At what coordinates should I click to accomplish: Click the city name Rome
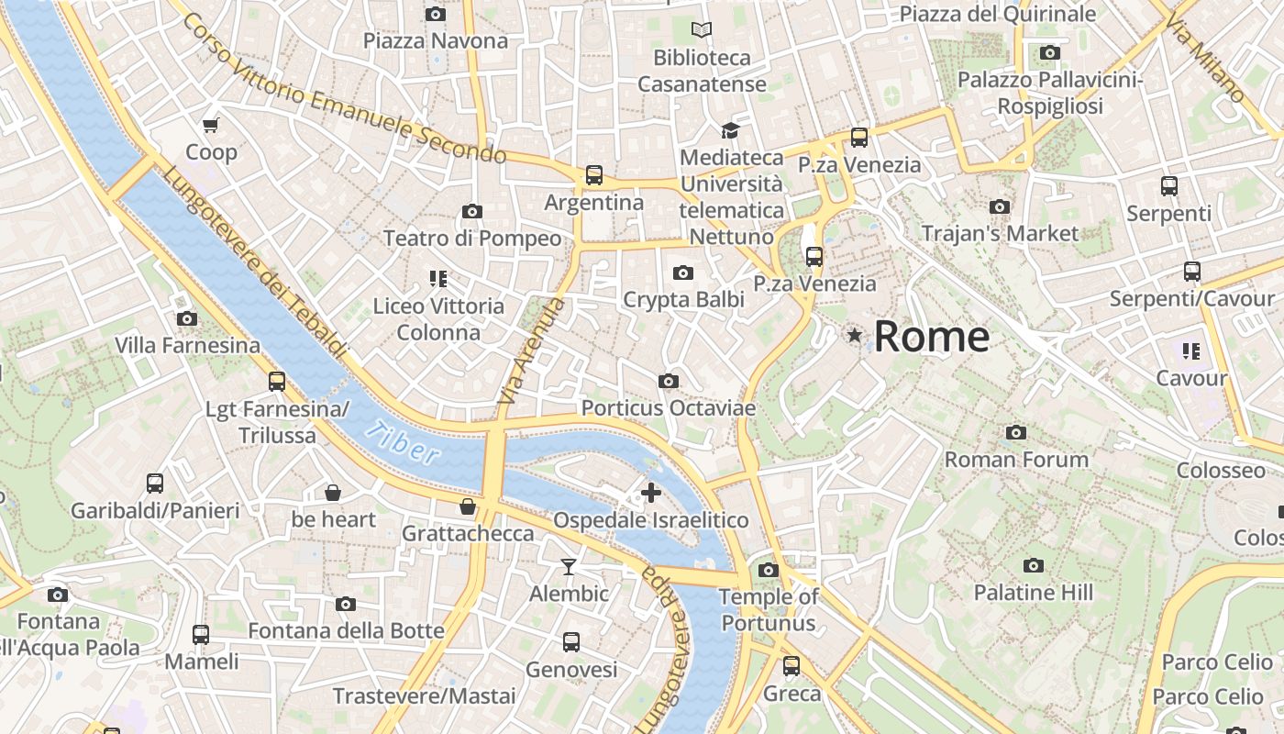pos(931,337)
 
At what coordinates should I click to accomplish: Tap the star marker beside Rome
pos(855,336)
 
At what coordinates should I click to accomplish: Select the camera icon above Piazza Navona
pos(436,14)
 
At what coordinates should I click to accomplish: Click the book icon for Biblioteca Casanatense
pos(702,30)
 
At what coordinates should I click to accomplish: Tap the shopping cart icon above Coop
pos(211,125)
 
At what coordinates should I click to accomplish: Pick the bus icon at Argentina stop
pos(594,174)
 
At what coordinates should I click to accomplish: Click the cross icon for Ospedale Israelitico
pos(650,493)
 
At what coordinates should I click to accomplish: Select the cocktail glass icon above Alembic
pos(569,566)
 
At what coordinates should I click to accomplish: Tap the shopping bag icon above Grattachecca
pos(468,506)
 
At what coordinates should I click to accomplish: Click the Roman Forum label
pos(1016,459)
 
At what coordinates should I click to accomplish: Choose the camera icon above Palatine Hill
pos(1034,565)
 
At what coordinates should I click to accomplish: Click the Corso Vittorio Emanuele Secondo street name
pos(344,88)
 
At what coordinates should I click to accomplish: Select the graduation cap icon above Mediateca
pos(730,130)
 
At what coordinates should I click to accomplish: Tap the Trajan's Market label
pos(1000,233)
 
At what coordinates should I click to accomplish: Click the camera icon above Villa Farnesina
pos(187,318)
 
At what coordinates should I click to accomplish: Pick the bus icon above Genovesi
pos(571,641)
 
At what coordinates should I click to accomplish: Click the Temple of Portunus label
pos(769,610)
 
